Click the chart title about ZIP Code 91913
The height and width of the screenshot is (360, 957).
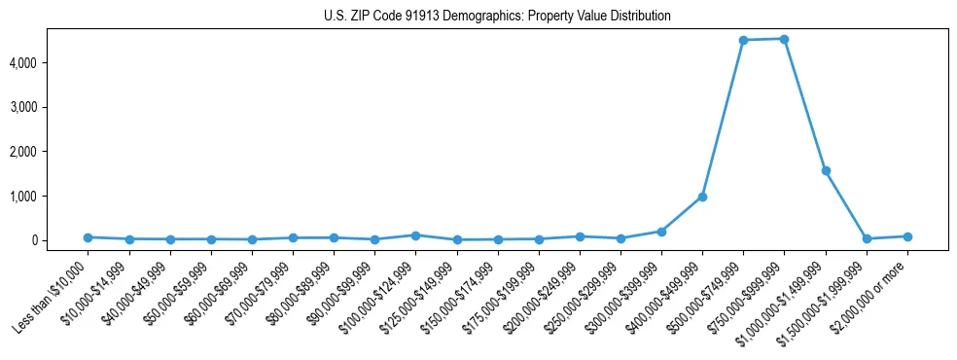pyautogui.click(x=497, y=17)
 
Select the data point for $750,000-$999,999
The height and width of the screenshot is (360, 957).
pyautogui.click(x=784, y=39)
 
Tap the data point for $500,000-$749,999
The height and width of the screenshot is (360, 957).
pyautogui.click(x=743, y=40)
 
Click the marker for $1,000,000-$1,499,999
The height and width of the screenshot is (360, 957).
pyautogui.click(x=826, y=170)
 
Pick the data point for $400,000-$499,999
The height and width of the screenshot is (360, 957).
pyautogui.click(x=702, y=197)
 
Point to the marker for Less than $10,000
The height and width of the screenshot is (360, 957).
pyautogui.click(x=88, y=237)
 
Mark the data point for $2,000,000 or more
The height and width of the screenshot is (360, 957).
pyautogui.click(x=907, y=236)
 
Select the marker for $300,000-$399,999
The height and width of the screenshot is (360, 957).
pyautogui.click(x=661, y=232)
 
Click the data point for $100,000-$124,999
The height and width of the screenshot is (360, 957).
pyautogui.click(x=415, y=235)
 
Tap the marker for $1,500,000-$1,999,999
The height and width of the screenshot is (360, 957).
pyautogui.click(x=867, y=238)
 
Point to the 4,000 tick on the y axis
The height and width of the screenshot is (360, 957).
pyautogui.click(x=51, y=63)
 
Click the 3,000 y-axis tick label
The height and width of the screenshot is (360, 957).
pyautogui.click(x=51, y=107)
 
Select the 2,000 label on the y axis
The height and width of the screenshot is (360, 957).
pyautogui.click(x=51, y=152)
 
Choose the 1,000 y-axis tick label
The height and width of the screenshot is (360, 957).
pyautogui.click(x=51, y=197)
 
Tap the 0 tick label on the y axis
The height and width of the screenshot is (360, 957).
pyautogui.click(x=60, y=240)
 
